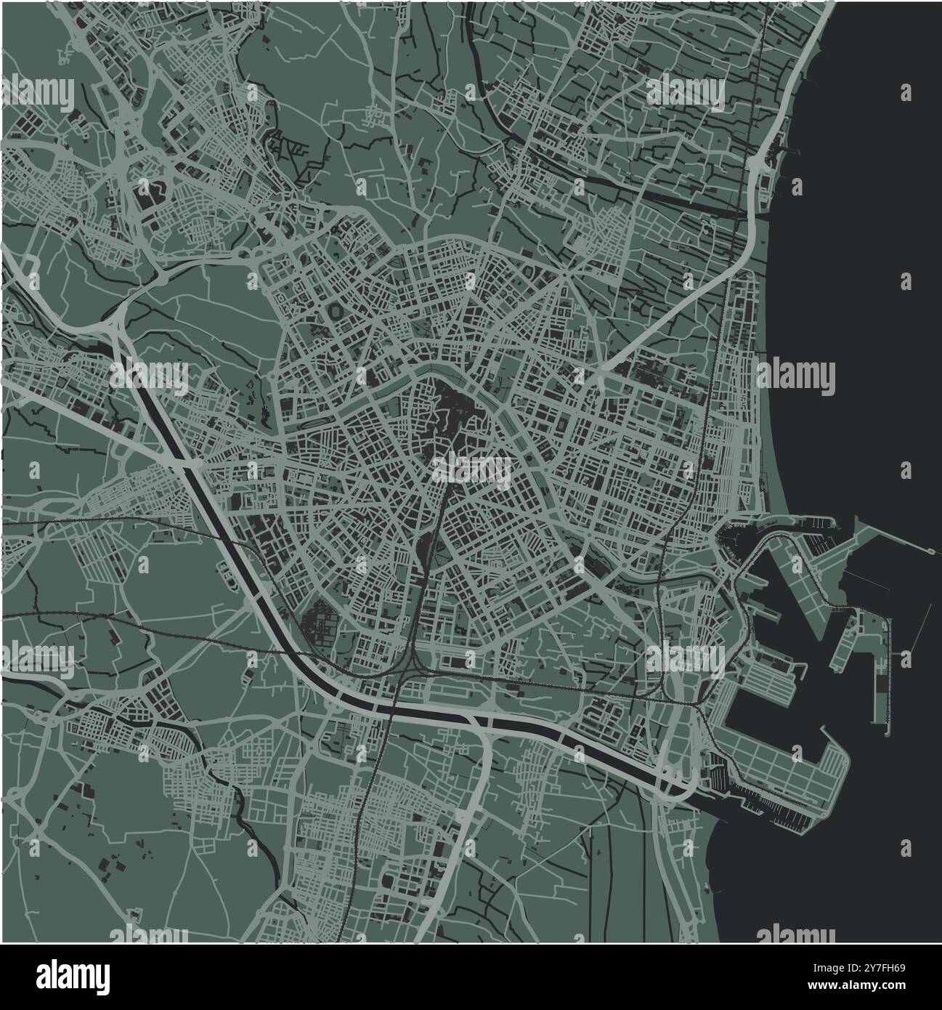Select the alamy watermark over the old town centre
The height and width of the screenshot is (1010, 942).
click(x=472, y=470)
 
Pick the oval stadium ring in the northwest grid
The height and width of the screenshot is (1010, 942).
click(x=336, y=310)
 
